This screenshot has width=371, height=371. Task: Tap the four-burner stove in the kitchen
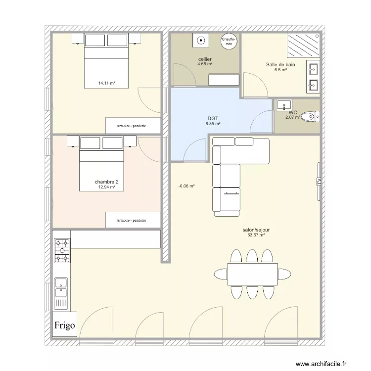tap(62, 251)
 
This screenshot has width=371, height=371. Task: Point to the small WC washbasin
tap(284, 105)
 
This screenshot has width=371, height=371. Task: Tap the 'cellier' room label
tap(205, 59)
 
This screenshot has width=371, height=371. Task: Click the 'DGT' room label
tap(213, 119)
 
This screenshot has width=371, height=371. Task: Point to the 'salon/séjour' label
tap(256, 230)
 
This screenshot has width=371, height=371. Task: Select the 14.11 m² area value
tap(106, 84)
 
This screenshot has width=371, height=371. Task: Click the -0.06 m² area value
tap(186, 186)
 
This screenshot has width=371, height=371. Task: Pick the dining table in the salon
tap(252, 274)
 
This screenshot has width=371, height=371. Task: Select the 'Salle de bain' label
tap(280, 65)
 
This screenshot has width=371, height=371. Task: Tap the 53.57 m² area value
tap(256, 235)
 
